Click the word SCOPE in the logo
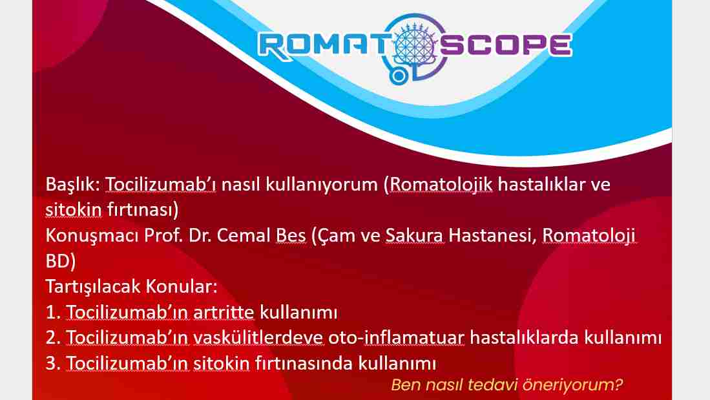[506, 45]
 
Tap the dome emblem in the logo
[415, 45]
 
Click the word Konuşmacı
[92, 237]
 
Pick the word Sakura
[414, 236]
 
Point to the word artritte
[224, 313]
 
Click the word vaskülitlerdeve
[258, 338]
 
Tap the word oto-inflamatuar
[396, 338]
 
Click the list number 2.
[53, 338]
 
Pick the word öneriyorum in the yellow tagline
[572, 385]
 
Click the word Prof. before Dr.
[163, 236]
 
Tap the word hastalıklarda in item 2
[524, 338]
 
